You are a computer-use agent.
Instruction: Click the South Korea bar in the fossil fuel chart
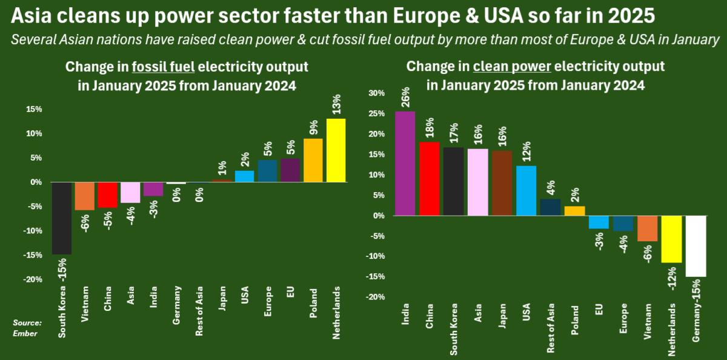[x=62, y=218]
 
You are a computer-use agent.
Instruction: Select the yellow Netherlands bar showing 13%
[x=336, y=150]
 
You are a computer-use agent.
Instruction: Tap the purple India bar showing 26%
[x=405, y=164]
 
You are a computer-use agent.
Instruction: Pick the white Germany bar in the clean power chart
[x=696, y=246]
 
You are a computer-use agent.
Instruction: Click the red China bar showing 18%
[x=430, y=179]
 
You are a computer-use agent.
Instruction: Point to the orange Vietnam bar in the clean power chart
[x=648, y=228]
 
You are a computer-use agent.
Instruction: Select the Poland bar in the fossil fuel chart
[x=313, y=160]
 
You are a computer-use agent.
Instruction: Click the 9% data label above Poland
[x=313, y=126]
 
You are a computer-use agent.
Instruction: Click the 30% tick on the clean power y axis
[x=376, y=93]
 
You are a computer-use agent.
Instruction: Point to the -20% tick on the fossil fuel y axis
[x=33, y=279]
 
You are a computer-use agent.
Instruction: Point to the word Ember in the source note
[x=26, y=333]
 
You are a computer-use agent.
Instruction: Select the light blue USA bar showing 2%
[x=244, y=176]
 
